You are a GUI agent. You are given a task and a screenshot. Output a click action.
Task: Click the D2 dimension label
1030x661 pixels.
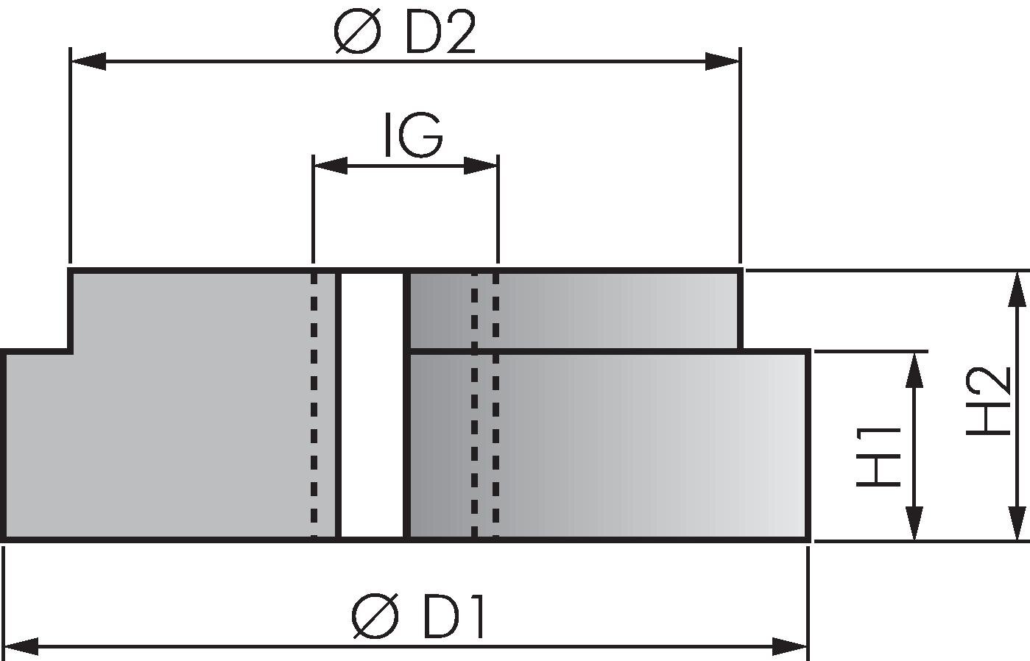[x=440, y=32]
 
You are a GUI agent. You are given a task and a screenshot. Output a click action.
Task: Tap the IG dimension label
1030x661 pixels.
[x=413, y=134]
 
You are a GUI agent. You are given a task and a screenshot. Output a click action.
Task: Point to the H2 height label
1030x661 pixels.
[x=987, y=401]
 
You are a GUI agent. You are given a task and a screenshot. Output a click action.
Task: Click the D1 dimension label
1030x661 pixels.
[x=453, y=616]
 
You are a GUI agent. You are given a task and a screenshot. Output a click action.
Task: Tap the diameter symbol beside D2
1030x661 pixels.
[x=357, y=32]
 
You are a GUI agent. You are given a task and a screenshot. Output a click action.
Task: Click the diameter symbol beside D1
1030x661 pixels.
[x=374, y=616]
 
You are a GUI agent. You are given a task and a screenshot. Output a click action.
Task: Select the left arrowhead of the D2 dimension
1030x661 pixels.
[x=88, y=61]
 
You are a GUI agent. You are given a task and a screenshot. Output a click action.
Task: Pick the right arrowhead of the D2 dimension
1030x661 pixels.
[x=722, y=61]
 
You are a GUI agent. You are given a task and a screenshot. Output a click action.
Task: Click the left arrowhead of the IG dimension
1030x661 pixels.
[x=330, y=166]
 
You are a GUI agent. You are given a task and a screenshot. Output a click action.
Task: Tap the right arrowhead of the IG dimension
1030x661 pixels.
[x=481, y=166]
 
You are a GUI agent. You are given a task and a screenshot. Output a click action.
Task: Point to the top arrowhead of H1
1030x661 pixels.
[x=914, y=370]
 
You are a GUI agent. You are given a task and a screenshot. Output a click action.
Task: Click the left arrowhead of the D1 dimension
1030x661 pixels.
[x=21, y=647]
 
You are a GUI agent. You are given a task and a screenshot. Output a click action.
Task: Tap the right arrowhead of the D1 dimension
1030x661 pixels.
[x=790, y=647]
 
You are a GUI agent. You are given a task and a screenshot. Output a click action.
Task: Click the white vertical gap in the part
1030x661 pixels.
[x=372, y=405]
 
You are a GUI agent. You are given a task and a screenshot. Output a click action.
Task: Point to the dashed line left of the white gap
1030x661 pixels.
[x=314, y=405]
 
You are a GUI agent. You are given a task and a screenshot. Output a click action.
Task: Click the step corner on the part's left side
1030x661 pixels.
[x=71, y=352]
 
